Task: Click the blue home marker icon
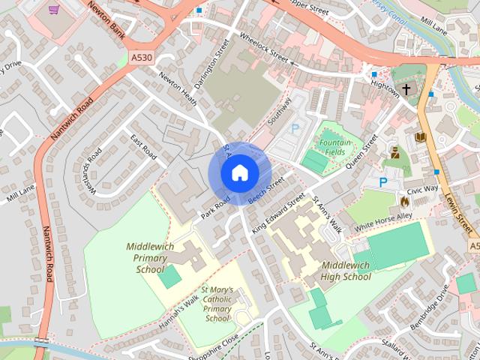point(239,173)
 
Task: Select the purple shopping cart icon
point(53,10)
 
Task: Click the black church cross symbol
point(406,89)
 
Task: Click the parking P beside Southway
point(295,128)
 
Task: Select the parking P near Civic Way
point(383,181)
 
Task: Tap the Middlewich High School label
point(346,271)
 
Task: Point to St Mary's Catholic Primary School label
point(217,303)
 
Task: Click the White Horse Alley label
point(383,221)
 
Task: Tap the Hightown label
point(385,86)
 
